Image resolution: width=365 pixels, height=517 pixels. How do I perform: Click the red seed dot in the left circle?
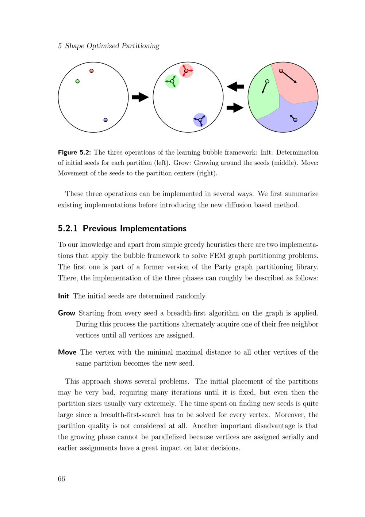click(92, 71)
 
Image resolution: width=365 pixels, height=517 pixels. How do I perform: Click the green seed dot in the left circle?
click(77, 81)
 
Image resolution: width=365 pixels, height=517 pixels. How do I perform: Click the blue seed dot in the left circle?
click(105, 120)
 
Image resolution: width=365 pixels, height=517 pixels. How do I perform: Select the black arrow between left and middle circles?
click(140, 97)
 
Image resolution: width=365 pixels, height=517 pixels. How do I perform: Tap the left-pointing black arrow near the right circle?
click(235, 87)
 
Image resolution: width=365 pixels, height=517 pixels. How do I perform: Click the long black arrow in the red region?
click(289, 77)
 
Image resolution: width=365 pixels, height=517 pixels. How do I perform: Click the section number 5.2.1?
click(68, 229)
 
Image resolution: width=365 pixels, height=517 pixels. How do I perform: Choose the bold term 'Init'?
click(64, 296)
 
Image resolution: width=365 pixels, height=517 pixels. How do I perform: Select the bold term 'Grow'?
click(66, 313)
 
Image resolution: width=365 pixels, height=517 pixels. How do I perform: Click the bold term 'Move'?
click(67, 352)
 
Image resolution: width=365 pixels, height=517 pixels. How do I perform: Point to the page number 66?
click(61, 479)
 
